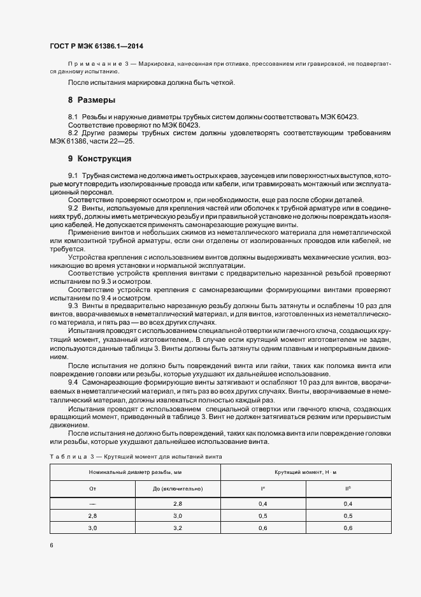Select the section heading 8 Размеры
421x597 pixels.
pyautogui.click(x=91, y=101)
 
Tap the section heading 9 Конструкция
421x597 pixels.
pyautogui.click(x=99, y=158)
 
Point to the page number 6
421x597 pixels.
pyautogui.click(x=51, y=545)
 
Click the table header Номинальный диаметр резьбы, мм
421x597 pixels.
pyautogui.click(x=135, y=472)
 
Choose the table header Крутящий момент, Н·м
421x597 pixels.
pyautogui.click(x=306, y=472)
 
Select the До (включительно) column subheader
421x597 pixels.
pyautogui.click(x=178, y=489)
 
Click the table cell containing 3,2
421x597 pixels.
pyautogui.click(x=178, y=527)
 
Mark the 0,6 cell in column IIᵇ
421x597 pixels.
pyautogui.click(x=348, y=527)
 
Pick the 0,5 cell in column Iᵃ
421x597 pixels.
pyautogui.click(x=263, y=515)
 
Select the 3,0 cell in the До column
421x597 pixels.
pyautogui.click(x=178, y=515)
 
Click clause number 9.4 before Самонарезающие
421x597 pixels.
pyautogui.click(x=73, y=381)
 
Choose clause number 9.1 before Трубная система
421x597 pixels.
pyautogui.click(x=73, y=175)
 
